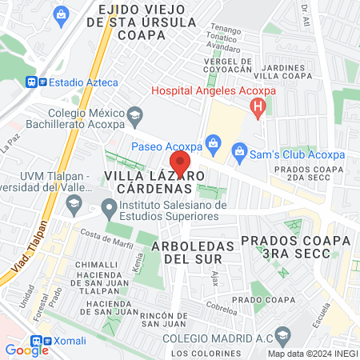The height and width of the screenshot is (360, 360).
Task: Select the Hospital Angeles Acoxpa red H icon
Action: (x=258, y=107)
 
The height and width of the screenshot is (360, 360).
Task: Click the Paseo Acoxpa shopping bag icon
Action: (x=213, y=143)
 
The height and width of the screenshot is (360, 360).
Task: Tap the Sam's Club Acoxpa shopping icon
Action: (x=238, y=150)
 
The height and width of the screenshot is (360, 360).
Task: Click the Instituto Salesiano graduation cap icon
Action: (x=109, y=206)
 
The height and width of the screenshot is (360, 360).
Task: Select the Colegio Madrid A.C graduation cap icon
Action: (x=281, y=333)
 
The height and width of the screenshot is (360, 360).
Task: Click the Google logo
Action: (x=26, y=349)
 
